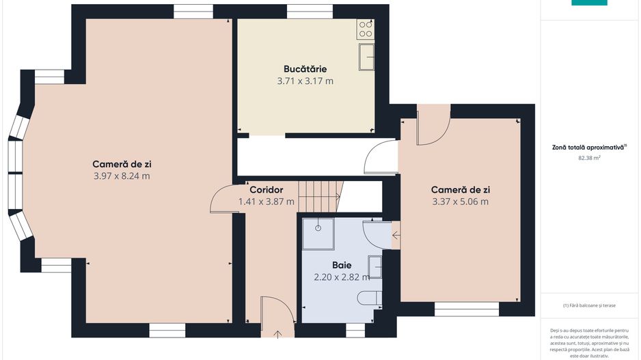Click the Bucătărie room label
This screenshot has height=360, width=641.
(305, 69)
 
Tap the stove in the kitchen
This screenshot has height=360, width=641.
(365, 29)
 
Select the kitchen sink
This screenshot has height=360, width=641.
(367, 57)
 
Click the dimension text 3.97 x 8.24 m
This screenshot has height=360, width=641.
(122, 176)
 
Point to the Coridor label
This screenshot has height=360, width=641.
(266, 190)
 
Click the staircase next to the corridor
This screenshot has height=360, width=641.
(319, 197)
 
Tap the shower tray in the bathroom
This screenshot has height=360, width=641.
(318, 234)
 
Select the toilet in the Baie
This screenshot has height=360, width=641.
(370, 298)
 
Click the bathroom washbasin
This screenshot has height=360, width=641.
(375, 267)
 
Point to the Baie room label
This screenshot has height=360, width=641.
(342, 265)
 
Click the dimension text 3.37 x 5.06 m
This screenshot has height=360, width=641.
(461, 202)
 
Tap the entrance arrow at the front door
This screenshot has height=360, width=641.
(277, 335)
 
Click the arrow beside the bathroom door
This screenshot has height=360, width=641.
(396, 236)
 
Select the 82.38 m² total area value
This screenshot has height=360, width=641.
(589, 158)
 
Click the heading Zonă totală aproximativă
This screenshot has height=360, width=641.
(588, 147)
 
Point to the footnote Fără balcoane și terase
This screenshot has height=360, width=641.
(589, 305)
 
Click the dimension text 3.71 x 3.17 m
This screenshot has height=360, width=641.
(305, 81)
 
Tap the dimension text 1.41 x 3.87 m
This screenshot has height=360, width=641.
(266, 202)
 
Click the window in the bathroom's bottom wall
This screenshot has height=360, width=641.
(355, 330)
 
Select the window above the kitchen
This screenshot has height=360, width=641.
(310, 12)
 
